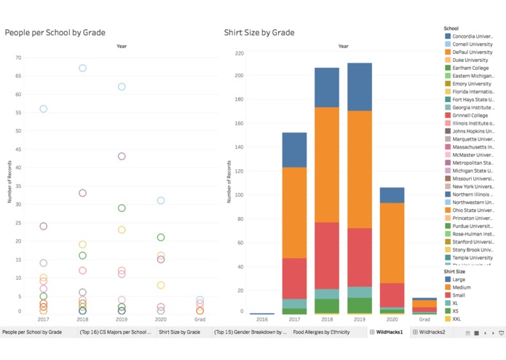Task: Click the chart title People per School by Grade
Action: [55, 33]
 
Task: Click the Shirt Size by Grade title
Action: [258, 33]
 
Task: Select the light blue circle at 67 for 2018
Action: [82, 69]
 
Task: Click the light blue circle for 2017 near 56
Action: [43, 109]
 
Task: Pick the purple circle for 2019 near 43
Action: [122, 156]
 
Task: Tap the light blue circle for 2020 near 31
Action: [161, 200]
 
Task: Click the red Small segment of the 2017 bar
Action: [294, 278]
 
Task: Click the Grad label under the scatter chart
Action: [199, 319]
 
